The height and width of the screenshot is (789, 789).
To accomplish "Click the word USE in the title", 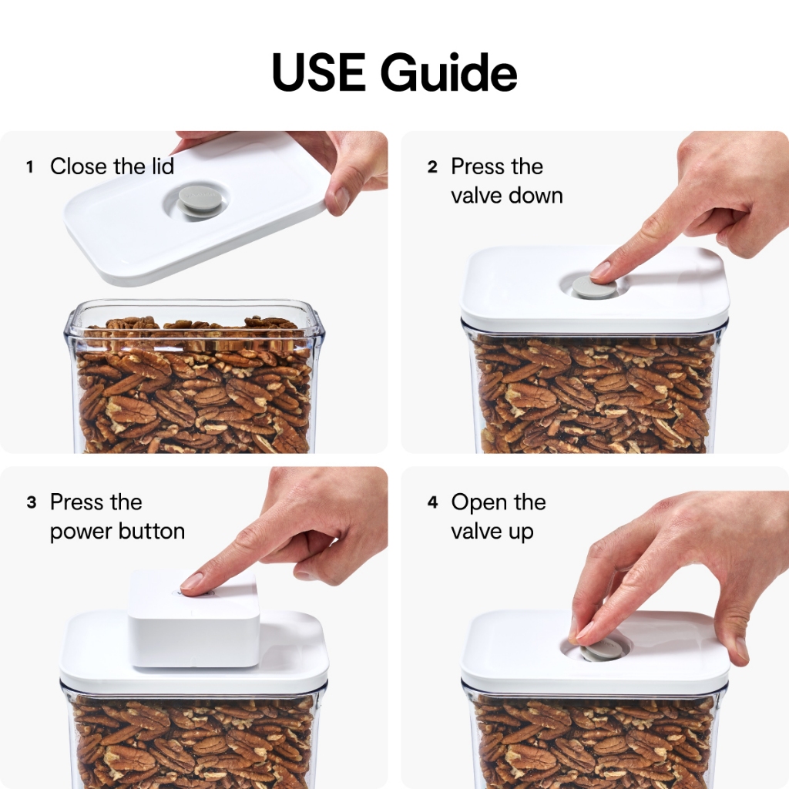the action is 318,72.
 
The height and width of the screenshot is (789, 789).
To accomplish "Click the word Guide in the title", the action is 449,72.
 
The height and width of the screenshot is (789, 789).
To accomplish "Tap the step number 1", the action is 30,167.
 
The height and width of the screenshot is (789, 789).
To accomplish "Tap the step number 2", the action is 432,167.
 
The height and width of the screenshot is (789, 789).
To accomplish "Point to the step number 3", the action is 31,502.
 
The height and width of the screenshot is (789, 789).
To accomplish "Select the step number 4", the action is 433,502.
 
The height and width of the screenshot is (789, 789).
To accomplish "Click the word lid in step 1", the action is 163,166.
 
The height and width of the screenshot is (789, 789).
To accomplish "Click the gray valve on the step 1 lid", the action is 196,201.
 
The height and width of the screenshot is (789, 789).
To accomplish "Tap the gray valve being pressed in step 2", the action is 594,287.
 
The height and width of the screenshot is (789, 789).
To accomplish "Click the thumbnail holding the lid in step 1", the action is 342,200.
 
